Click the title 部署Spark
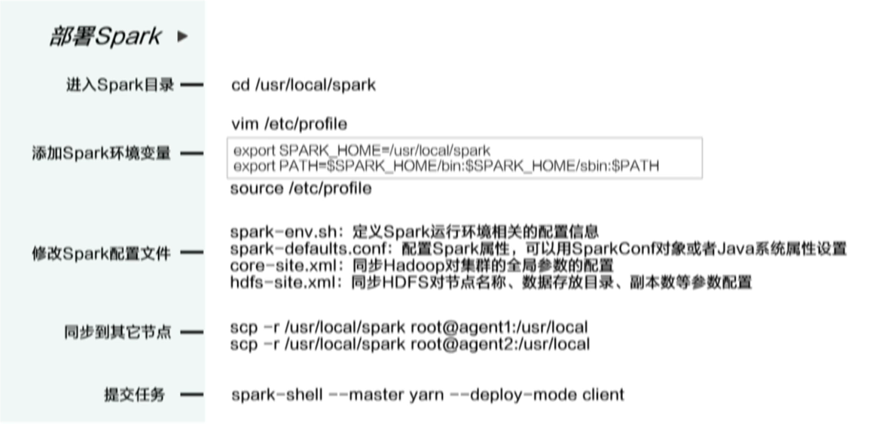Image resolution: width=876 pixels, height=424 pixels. [x=105, y=37]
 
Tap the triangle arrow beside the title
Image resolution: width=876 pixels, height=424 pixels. [x=182, y=37]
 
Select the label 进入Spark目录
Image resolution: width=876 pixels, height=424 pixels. [x=120, y=85]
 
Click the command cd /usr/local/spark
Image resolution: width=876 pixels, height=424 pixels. [x=304, y=85]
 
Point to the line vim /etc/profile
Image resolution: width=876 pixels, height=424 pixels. [x=288, y=124]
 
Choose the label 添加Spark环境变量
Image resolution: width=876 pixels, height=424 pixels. [x=101, y=154]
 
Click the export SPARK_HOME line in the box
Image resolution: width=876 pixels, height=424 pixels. [x=362, y=151]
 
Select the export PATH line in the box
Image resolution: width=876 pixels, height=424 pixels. [x=447, y=166]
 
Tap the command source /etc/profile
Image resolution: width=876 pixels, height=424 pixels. [x=301, y=189]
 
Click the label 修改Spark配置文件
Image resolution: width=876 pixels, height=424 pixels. [x=101, y=254]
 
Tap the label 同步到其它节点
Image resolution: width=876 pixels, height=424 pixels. [x=118, y=333]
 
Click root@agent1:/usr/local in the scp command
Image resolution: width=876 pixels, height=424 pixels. [x=499, y=327]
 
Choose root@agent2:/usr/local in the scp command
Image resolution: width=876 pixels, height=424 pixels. [x=500, y=343]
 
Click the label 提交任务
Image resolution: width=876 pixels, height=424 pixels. [x=135, y=395]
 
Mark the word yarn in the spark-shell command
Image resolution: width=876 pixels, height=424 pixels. [x=427, y=395]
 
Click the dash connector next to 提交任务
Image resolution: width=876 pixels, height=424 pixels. [x=191, y=395]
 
